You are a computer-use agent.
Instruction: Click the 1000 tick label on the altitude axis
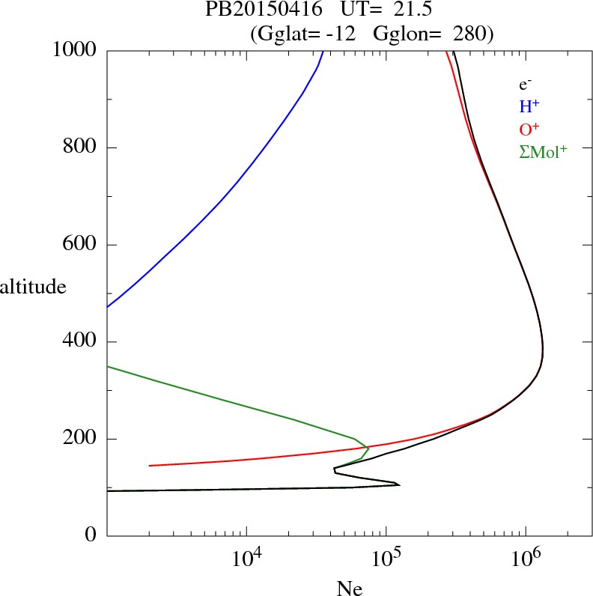click(74, 50)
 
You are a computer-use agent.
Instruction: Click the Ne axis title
click(349, 589)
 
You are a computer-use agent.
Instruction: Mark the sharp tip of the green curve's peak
click(368, 448)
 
